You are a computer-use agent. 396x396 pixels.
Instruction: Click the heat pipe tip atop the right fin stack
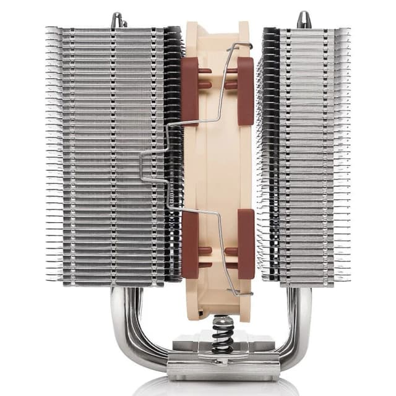(x=303, y=19)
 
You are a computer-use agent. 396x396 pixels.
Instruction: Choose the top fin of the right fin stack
(x=303, y=30)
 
